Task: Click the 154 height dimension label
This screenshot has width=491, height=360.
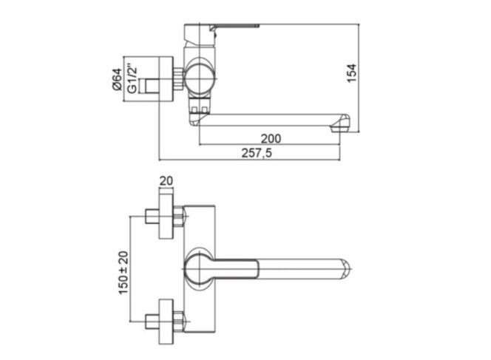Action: coord(352,73)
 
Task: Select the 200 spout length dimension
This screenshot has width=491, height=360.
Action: coord(271,139)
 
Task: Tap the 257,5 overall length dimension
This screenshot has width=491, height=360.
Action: coord(257,153)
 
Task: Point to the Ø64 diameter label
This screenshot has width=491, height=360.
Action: coord(117,79)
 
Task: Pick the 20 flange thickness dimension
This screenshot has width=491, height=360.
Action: coord(166,181)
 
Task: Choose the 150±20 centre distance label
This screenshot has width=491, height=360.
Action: coord(123,272)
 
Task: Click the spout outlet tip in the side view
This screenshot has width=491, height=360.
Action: coord(340,125)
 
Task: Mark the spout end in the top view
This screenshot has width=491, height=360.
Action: coord(345,269)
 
